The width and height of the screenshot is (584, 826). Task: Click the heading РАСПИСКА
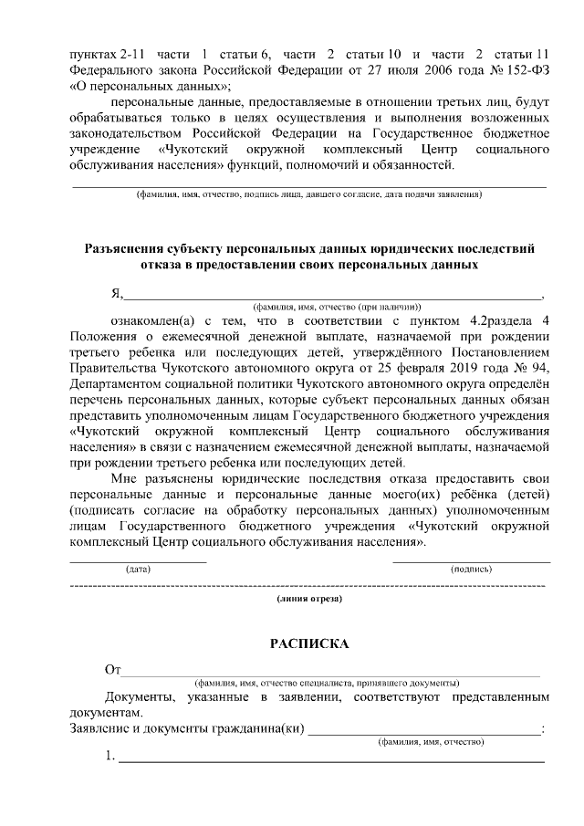[x=309, y=643]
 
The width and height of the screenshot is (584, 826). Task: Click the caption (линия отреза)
[x=309, y=600]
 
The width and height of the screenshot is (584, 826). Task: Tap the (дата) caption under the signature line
[x=138, y=569]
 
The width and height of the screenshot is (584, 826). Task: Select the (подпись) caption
[x=471, y=569]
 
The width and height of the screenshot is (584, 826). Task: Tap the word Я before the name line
[x=116, y=293]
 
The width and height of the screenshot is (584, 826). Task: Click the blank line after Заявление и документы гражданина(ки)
[x=424, y=728]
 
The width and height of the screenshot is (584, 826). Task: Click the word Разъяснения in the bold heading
[x=128, y=248]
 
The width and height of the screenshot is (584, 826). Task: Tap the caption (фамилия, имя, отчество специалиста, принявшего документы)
[x=326, y=683]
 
